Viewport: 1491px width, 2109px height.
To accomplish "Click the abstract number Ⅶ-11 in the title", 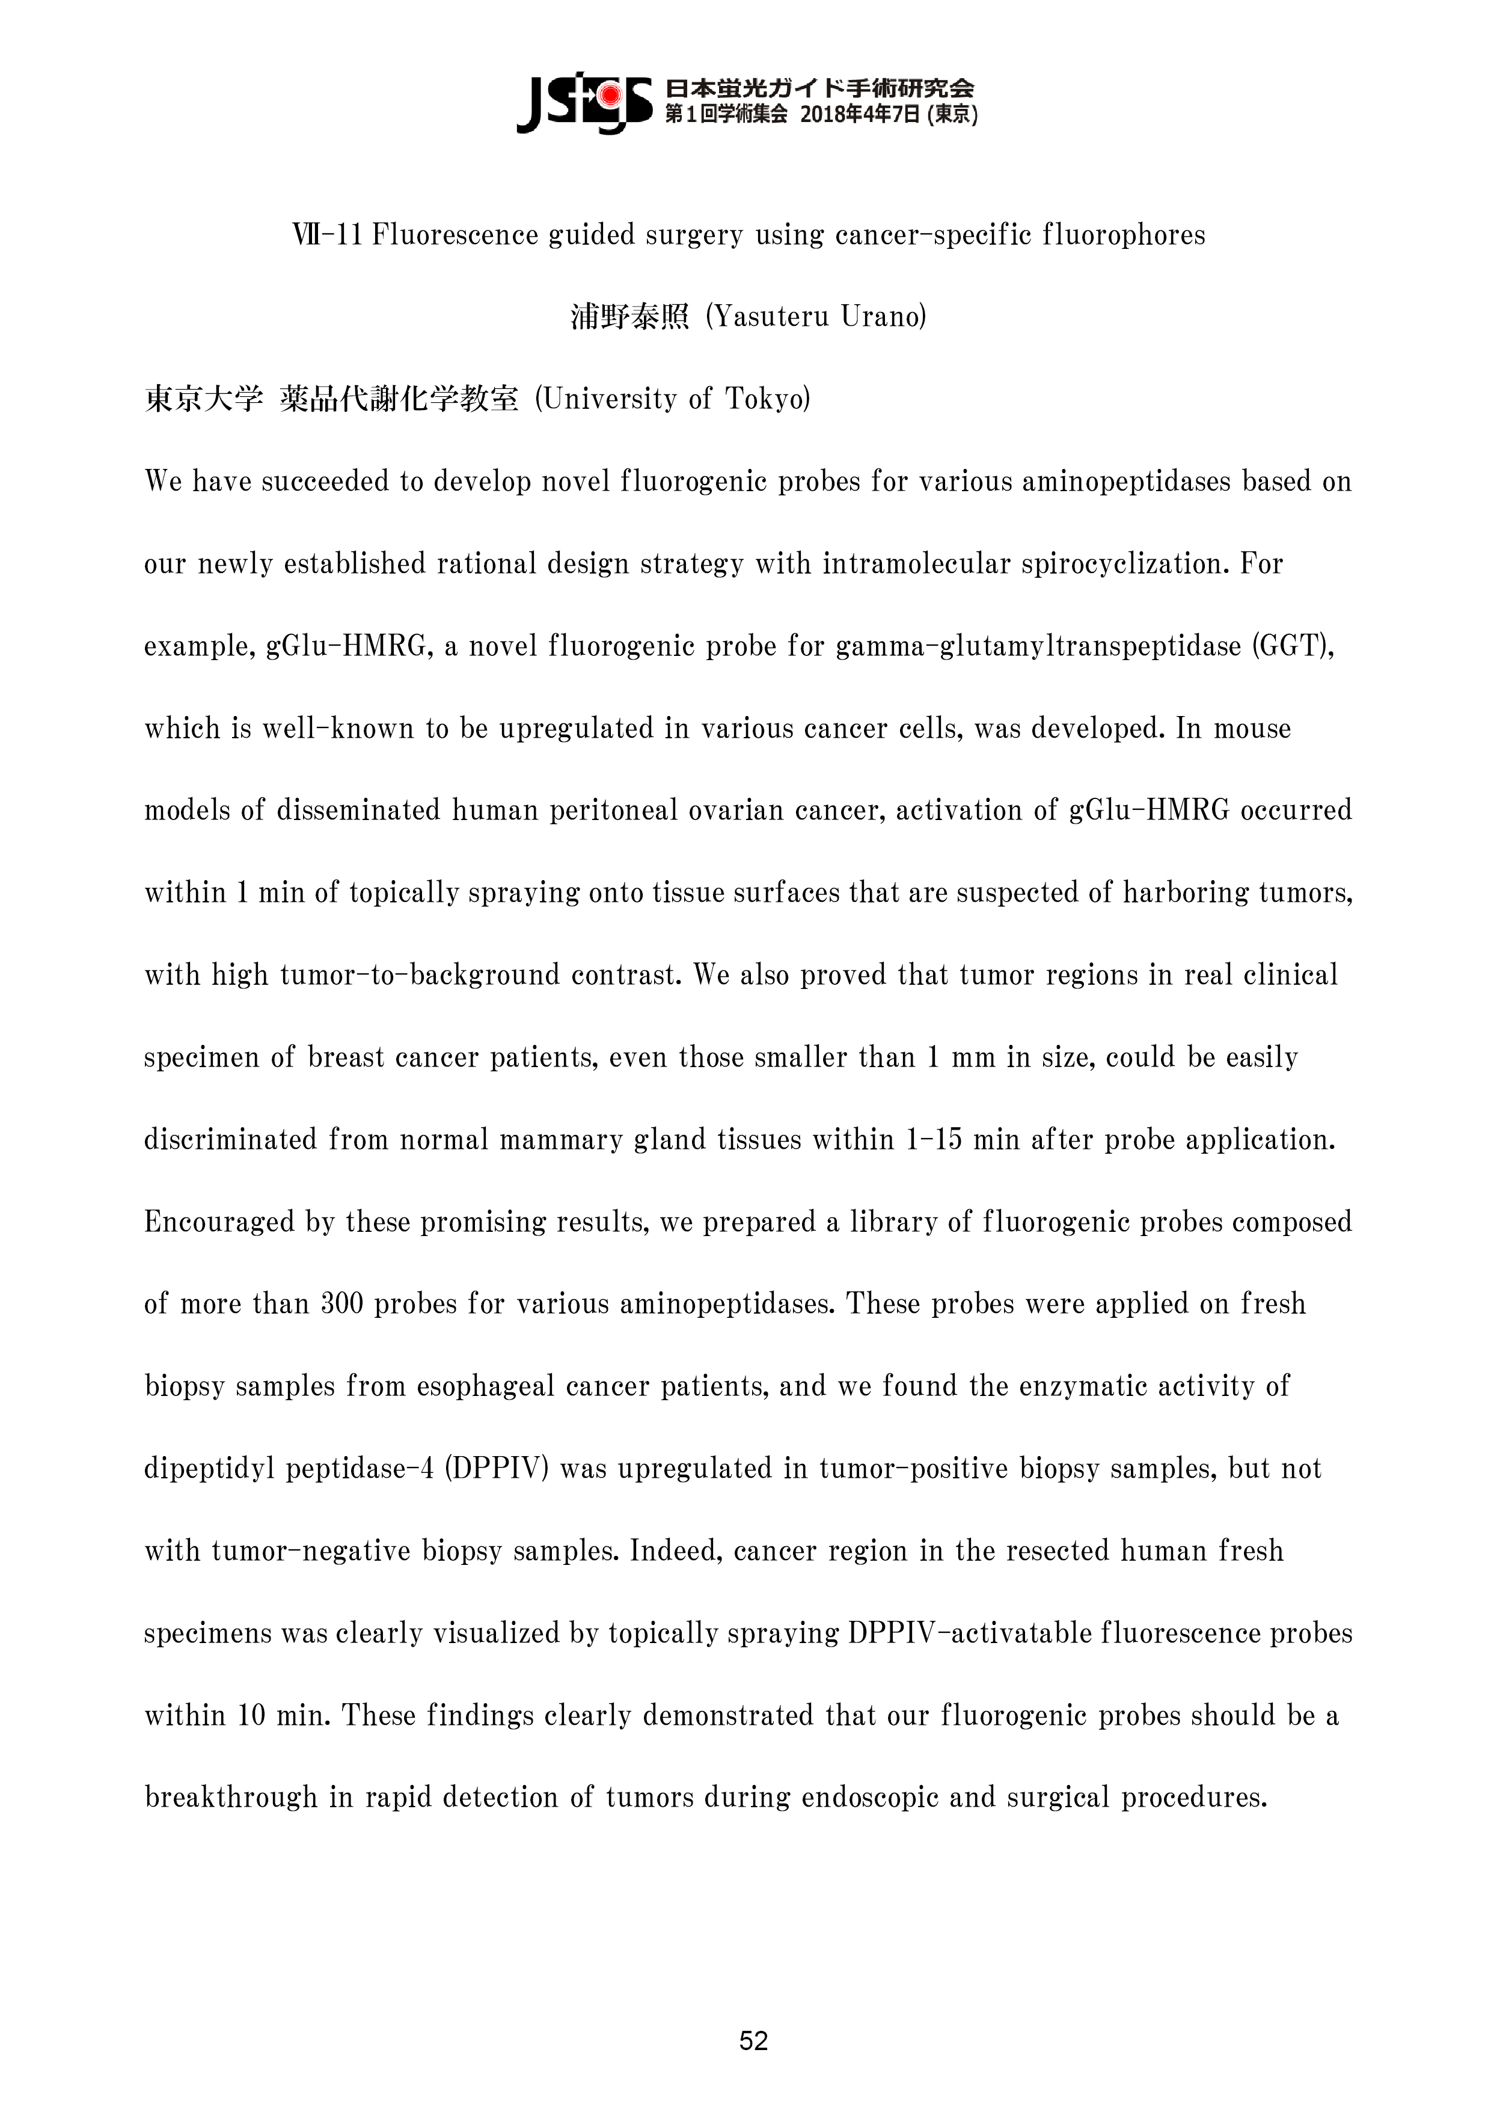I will (x=328, y=235).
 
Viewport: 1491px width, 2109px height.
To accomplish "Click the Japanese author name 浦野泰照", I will (x=629, y=317).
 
